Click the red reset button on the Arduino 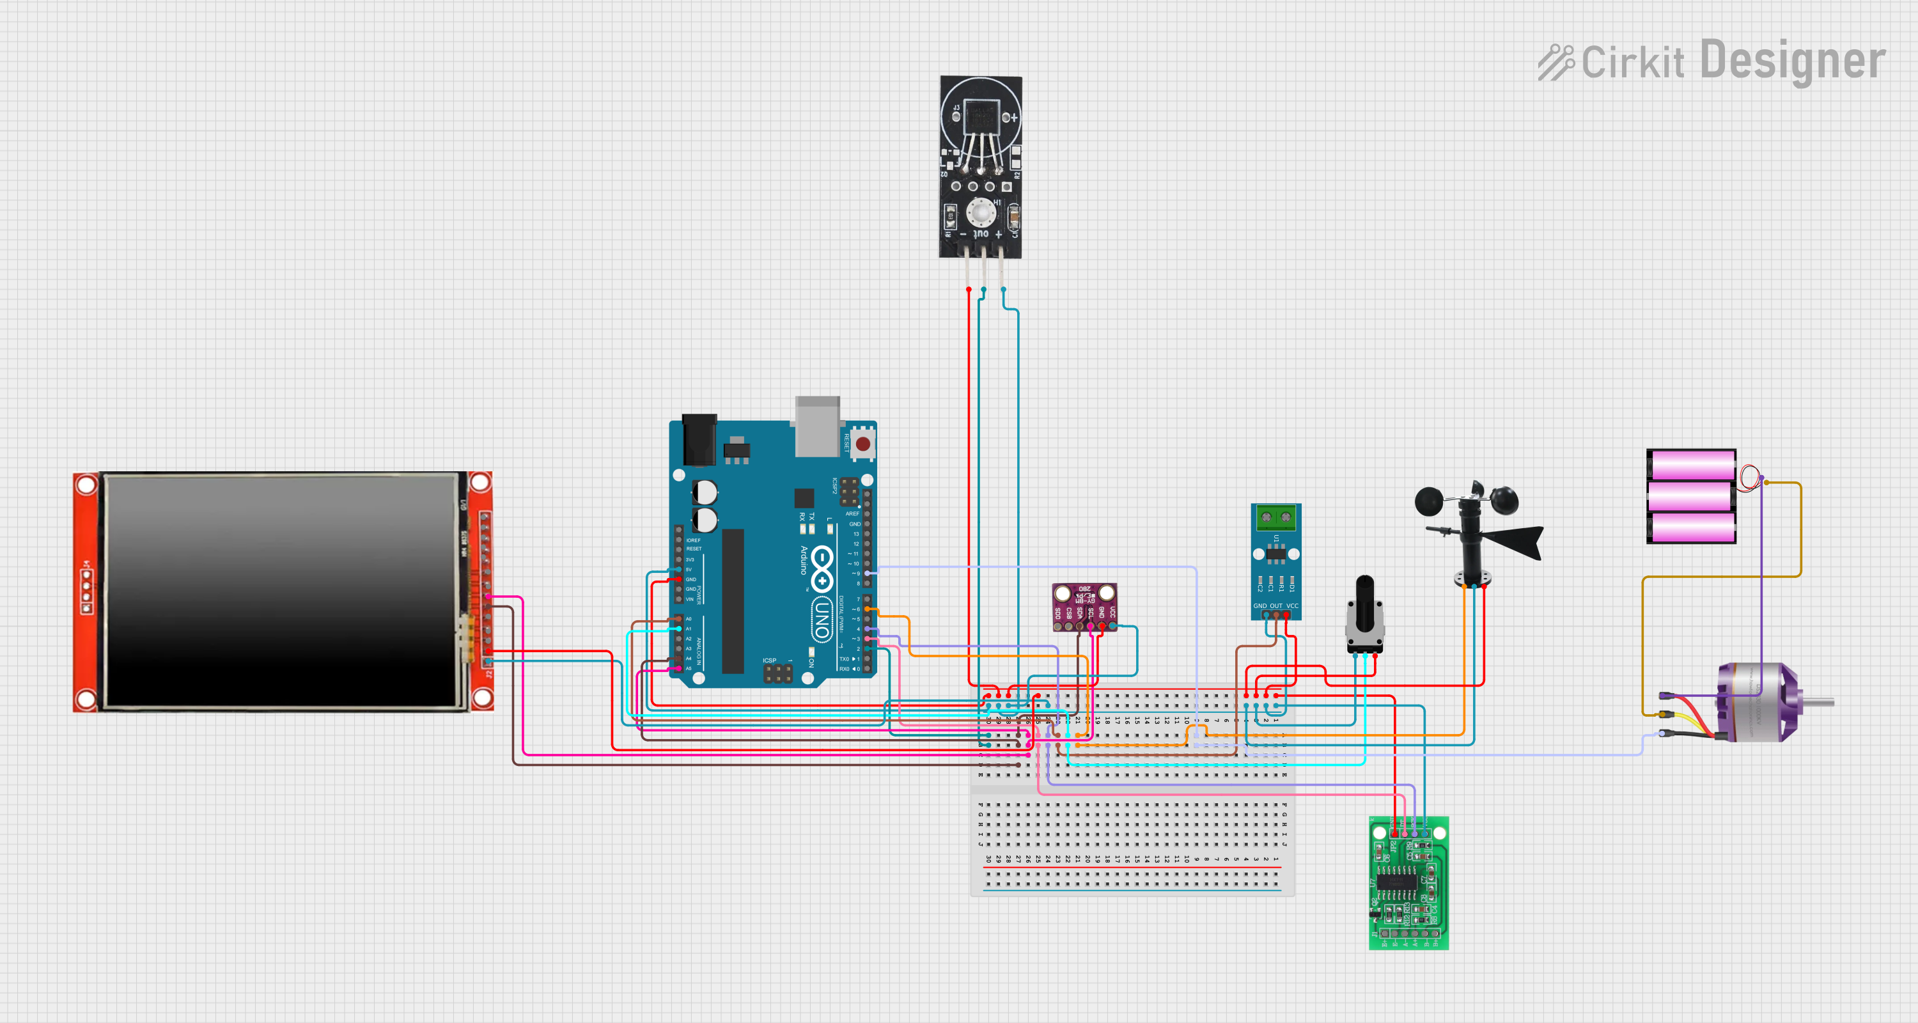point(862,444)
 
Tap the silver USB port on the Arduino point(817,426)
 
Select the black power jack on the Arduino point(699,439)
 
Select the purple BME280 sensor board point(1084,606)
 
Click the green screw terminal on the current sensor point(1275,516)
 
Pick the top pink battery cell point(1690,465)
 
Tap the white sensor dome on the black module point(981,213)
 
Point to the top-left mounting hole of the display point(86,485)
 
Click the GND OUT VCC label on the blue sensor point(1275,606)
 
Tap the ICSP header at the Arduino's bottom point(777,673)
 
